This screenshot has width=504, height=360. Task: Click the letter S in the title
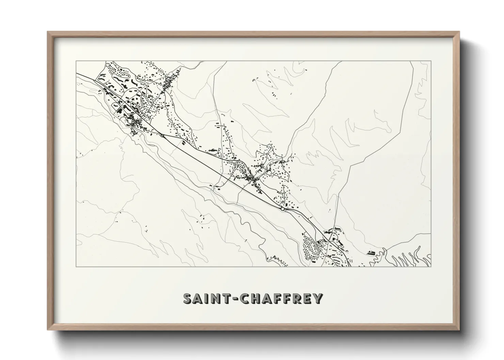[188, 299]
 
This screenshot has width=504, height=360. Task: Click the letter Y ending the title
[317, 299]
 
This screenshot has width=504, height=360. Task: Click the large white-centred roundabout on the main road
[282, 209]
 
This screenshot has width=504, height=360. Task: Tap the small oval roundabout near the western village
[162, 136]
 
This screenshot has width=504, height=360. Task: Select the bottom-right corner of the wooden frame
[459, 330]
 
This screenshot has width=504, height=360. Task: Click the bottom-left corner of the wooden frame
[48, 330]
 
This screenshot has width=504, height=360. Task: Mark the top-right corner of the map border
[431, 61]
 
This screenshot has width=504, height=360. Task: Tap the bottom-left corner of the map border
[76, 267]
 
